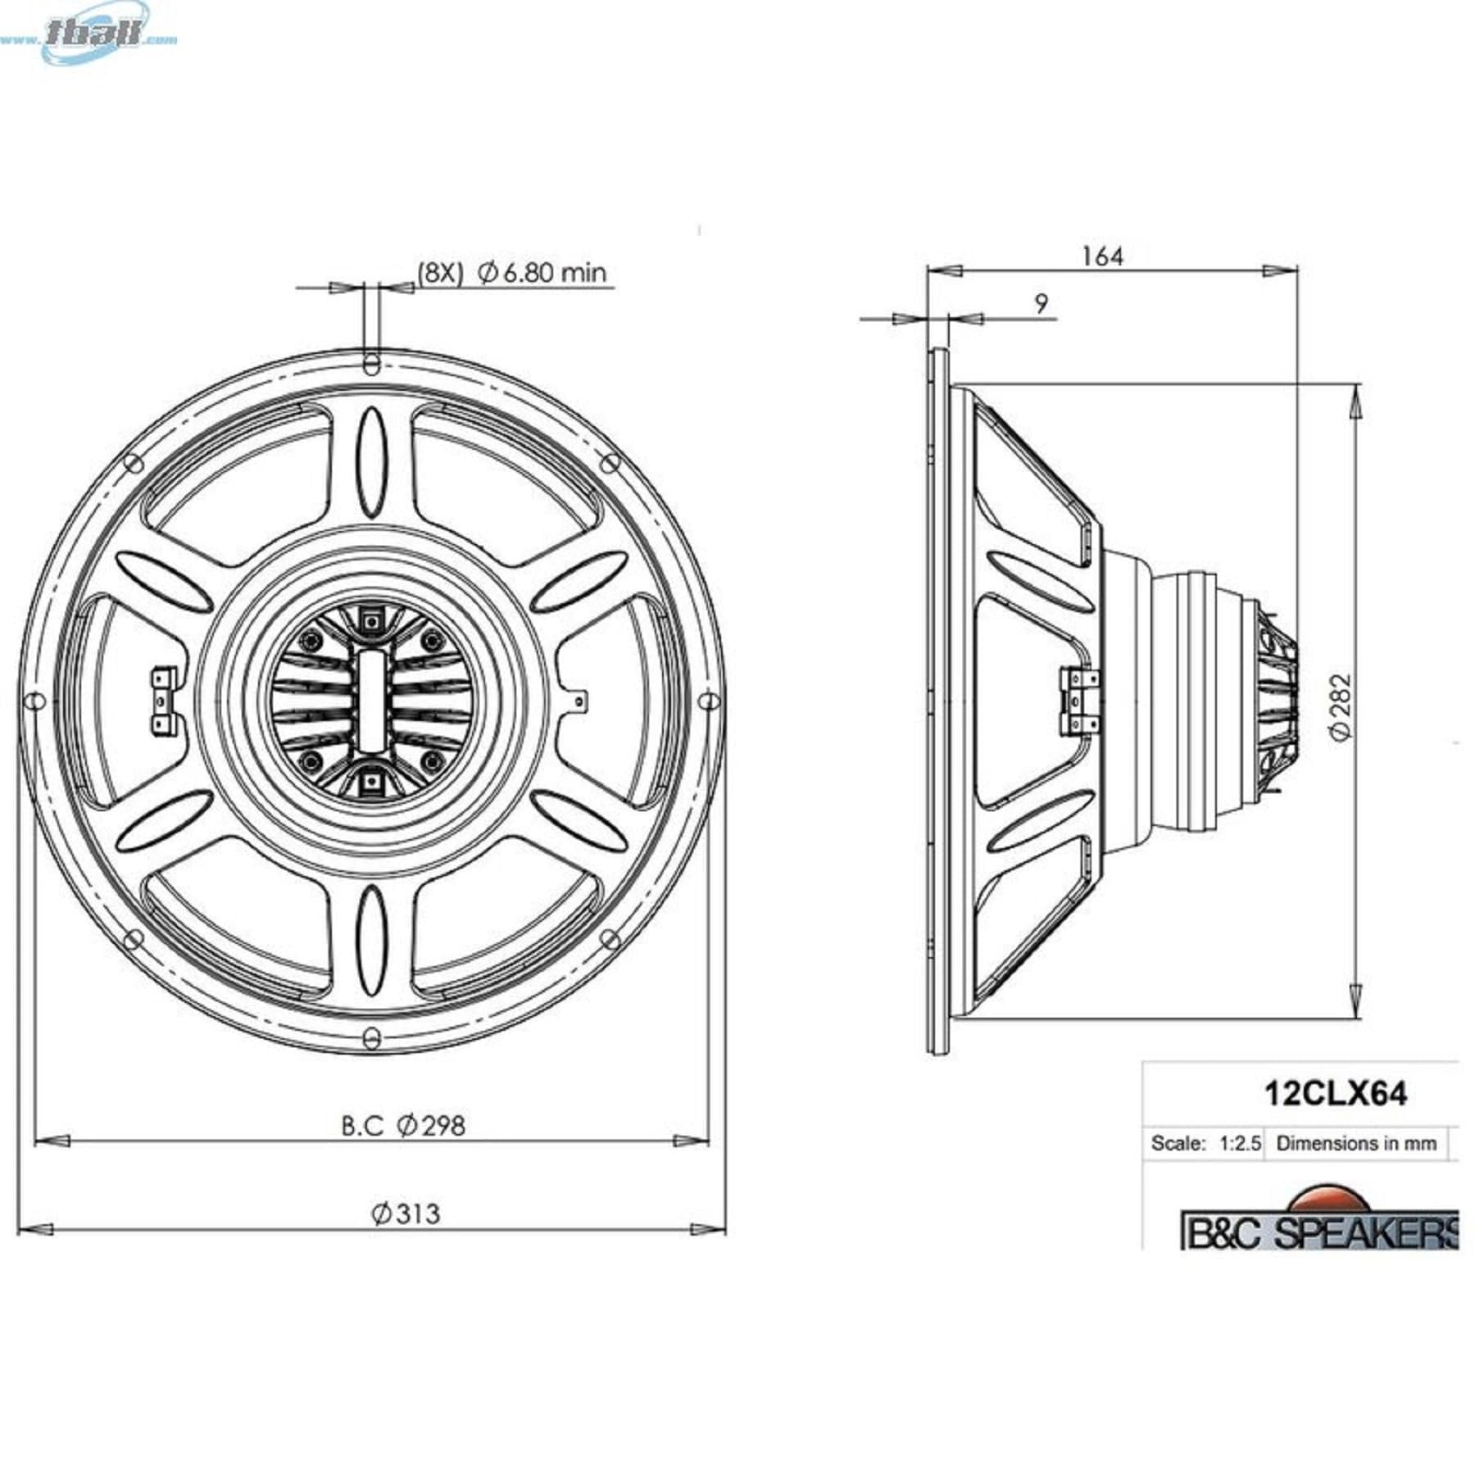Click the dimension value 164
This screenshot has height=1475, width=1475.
click(x=1102, y=256)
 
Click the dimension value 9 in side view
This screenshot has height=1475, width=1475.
click(x=1041, y=304)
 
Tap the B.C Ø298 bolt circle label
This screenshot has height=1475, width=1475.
click(x=403, y=1125)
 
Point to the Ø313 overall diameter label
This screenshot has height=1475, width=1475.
click(x=406, y=1212)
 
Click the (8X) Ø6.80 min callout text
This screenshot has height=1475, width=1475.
click(x=512, y=272)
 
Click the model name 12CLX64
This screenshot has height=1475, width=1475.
click(x=1336, y=1094)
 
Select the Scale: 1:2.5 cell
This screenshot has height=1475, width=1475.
click(x=1205, y=1143)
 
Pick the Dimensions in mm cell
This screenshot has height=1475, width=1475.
click(x=1356, y=1143)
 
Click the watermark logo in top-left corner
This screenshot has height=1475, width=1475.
click(x=98, y=33)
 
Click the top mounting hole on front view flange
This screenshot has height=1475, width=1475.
click(x=372, y=361)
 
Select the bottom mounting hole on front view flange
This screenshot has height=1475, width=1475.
click(x=372, y=1040)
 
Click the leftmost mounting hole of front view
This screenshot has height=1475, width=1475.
click(x=34, y=701)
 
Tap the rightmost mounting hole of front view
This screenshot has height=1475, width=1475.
click(x=710, y=701)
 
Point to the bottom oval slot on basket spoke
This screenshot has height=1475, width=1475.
click(x=372, y=940)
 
